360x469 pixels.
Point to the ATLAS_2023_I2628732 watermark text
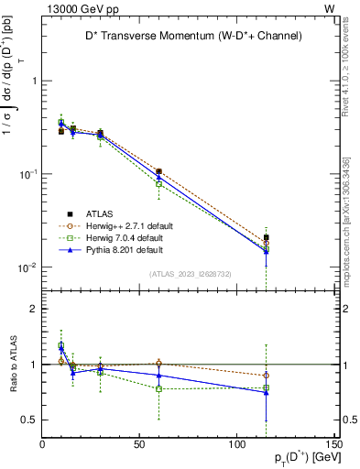190,273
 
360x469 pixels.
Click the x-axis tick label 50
139,445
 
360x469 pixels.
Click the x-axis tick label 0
42,445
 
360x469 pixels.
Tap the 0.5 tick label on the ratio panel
30,420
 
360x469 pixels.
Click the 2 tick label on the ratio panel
33,309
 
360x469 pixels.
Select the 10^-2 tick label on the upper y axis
27,267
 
